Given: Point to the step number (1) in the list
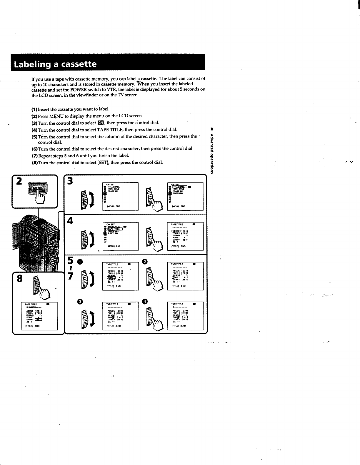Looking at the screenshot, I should click(x=35, y=109).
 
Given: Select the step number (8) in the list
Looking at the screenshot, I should click(x=35, y=163).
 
